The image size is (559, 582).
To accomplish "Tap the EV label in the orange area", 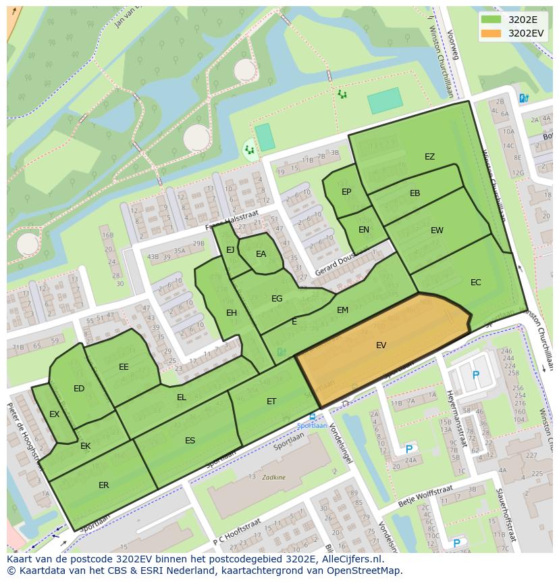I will (381, 345).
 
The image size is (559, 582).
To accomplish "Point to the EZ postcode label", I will (429, 157).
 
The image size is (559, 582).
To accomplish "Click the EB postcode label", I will (415, 193).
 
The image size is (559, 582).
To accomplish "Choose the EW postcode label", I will (437, 231).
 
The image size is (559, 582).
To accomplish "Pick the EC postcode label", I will (475, 283).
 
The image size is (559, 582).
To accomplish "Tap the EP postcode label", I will (346, 192).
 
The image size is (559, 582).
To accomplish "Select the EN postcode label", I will (363, 230).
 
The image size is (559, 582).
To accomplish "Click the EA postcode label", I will (261, 254).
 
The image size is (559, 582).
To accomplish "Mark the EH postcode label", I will (232, 313).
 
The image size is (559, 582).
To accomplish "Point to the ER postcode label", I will (103, 485).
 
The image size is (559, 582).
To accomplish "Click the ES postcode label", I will (190, 441).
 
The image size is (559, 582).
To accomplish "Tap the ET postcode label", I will (271, 402).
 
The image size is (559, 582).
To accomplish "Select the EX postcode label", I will (54, 414).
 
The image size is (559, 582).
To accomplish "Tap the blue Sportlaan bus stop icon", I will (312, 417).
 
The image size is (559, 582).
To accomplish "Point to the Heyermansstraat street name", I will (456, 418).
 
